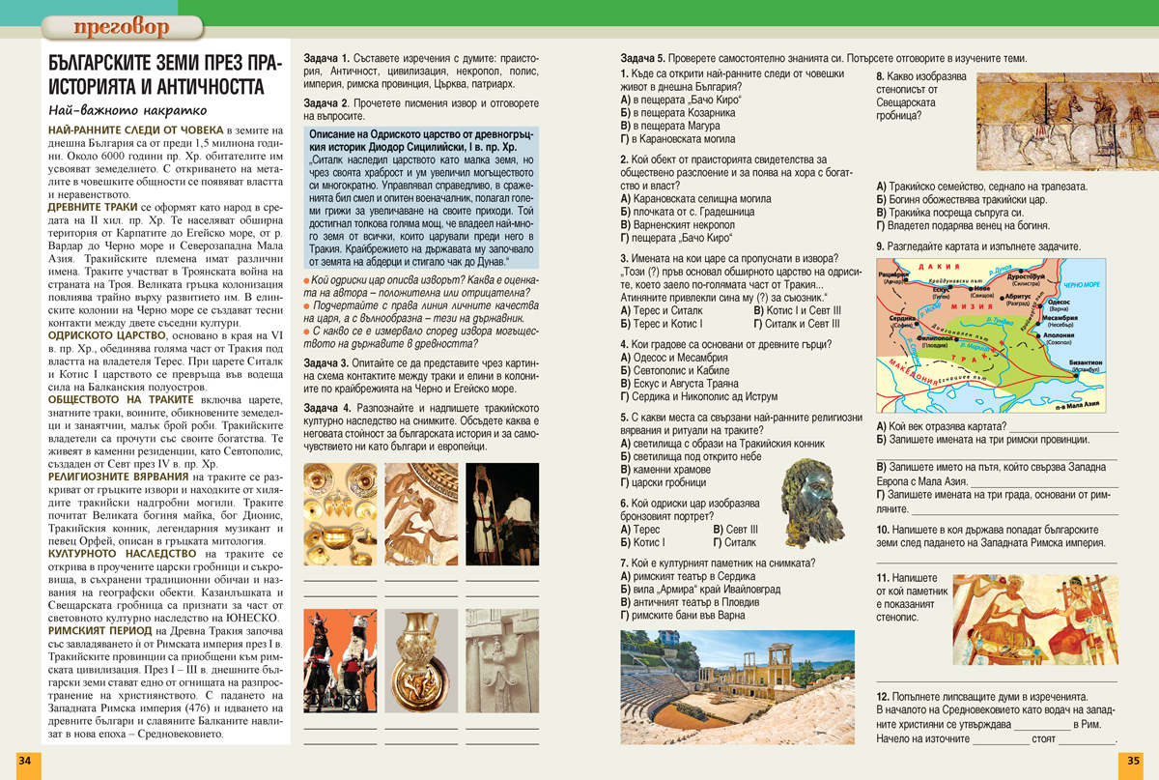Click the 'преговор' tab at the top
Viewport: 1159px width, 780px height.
(x=120, y=24)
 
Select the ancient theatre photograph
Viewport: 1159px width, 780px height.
(x=737, y=686)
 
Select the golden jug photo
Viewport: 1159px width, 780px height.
(x=421, y=660)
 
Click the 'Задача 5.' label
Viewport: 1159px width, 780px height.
(x=643, y=58)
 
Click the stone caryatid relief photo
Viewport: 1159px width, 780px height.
(x=501, y=660)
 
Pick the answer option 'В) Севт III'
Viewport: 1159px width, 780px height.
(x=735, y=530)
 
